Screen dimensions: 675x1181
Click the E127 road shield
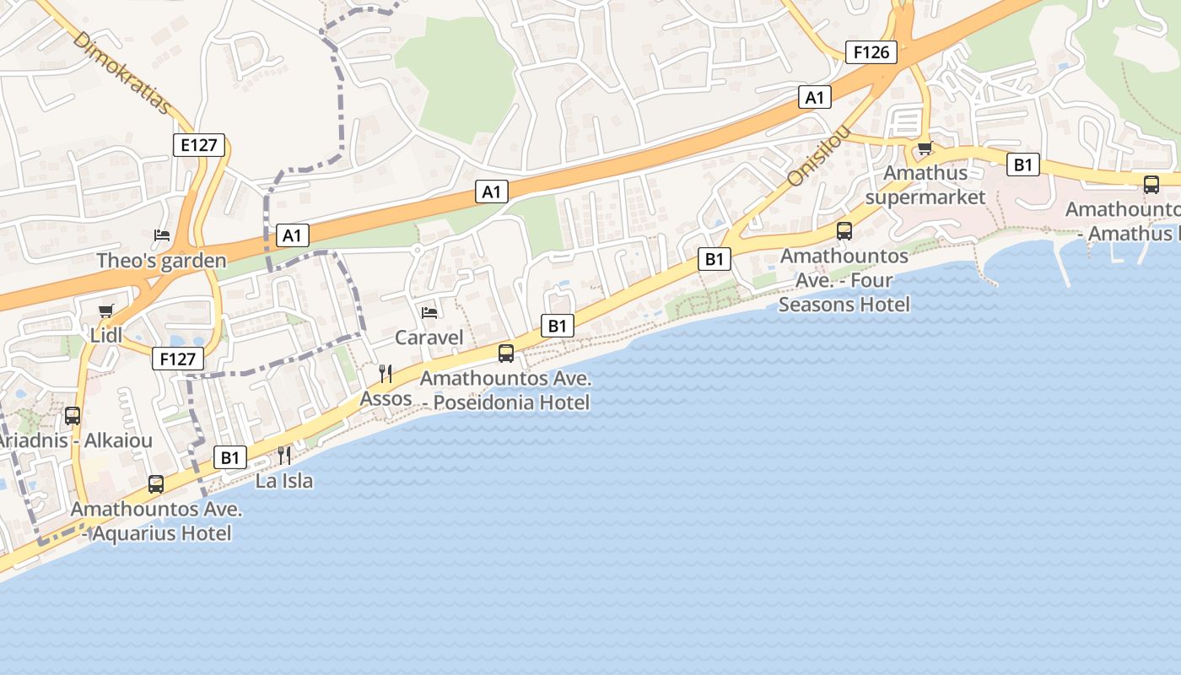(200, 145)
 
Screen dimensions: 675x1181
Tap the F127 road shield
(178, 359)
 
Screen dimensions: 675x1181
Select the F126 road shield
(871, 52)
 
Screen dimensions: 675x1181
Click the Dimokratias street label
(122, 73)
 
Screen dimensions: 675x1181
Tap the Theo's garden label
(161, 261)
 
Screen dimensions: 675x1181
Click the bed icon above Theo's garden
(162, 235)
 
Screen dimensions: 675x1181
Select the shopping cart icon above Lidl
(105, 311)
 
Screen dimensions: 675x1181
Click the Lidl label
(106, 337)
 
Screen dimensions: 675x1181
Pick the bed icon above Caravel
(429, 313)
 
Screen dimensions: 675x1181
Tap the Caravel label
(429, 338)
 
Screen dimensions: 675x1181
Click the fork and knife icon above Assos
(386, 373)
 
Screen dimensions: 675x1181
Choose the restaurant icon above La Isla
(284, 456)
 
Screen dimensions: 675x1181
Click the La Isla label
(284, 481)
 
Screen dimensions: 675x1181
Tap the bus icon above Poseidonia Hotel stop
(506, 354)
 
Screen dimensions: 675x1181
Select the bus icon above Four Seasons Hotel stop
(844, 230)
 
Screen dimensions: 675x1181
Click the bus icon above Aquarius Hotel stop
(156, 484)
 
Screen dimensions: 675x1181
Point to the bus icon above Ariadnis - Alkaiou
(73, 415)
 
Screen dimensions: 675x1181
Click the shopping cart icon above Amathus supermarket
(925, 148)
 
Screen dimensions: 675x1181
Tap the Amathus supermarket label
(925, 185)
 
